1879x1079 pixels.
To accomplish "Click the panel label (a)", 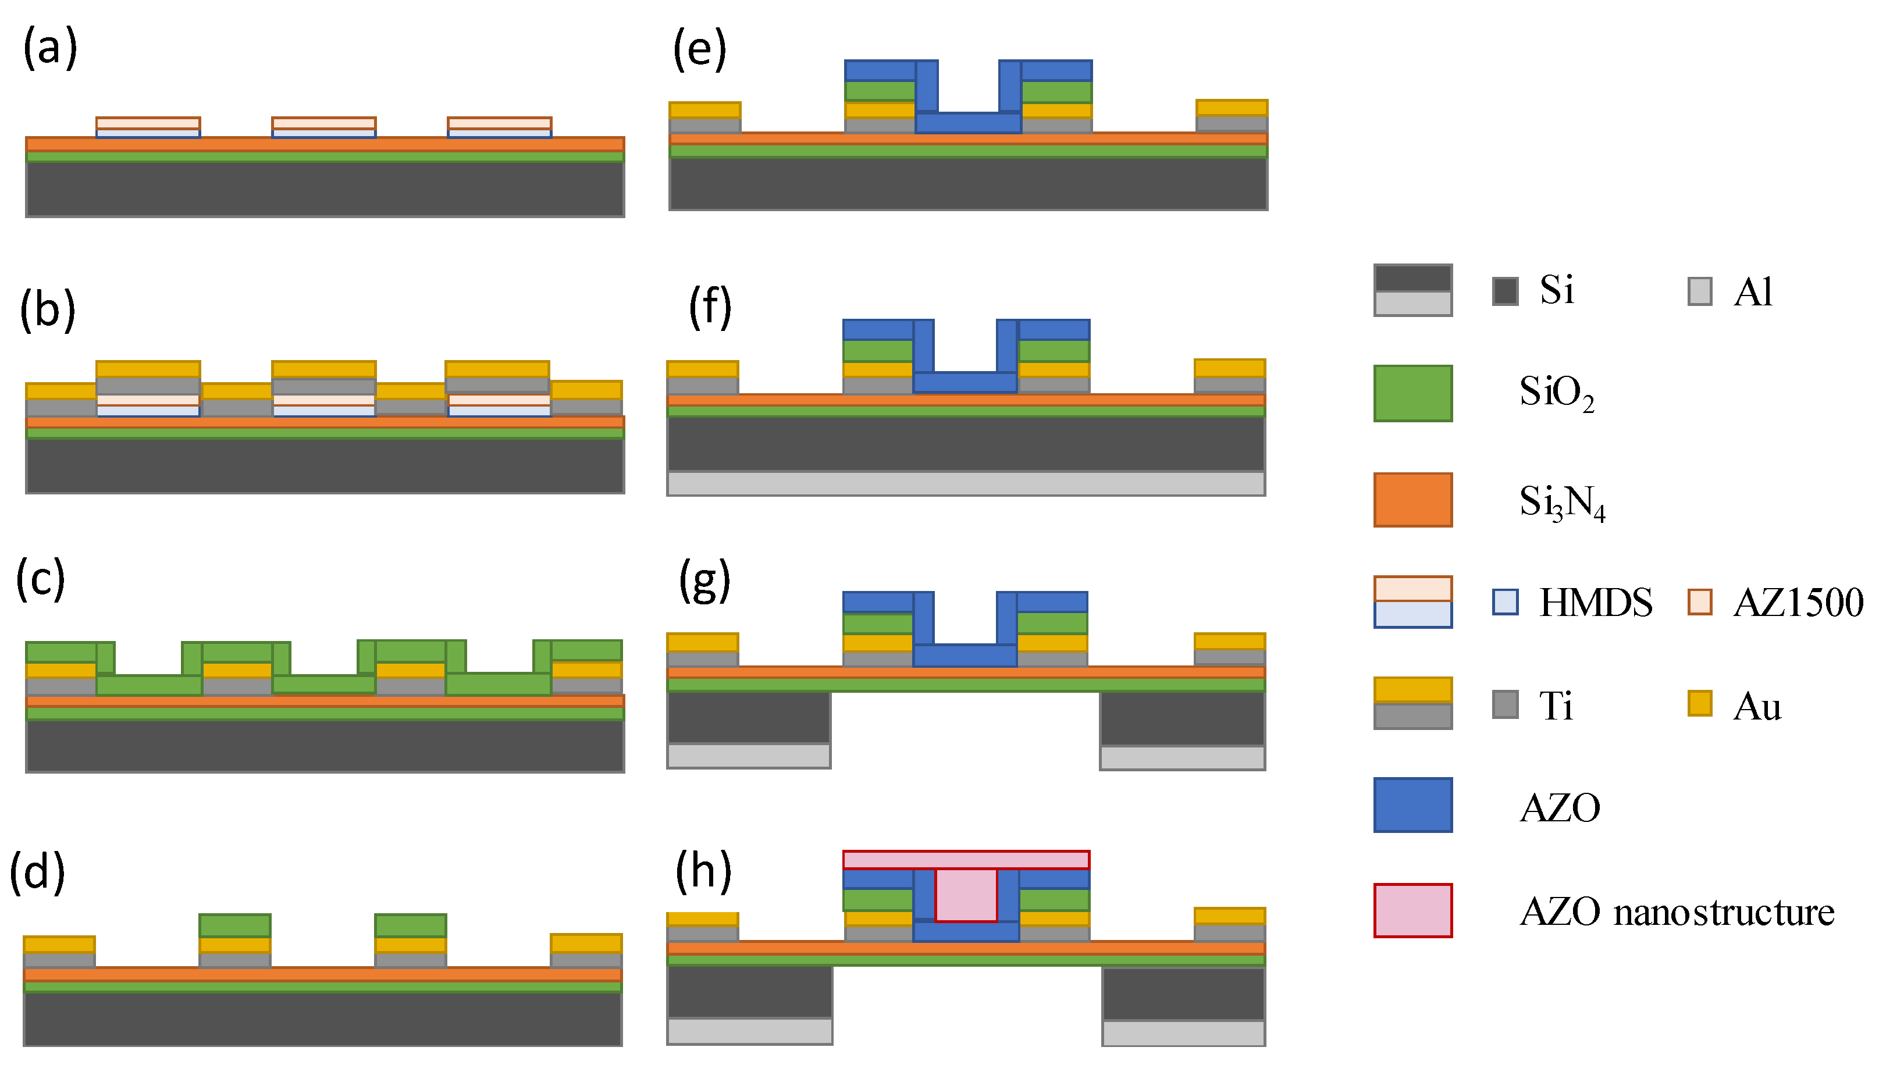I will (49, 49).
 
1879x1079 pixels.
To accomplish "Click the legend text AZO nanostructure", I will (1677, 911).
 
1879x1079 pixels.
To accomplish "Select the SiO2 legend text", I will (1556, 392).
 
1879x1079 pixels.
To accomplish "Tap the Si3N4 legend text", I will (1562, 502).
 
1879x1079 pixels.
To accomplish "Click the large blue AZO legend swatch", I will (1412, 805).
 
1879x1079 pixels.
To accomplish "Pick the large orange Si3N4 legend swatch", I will (1412, 500).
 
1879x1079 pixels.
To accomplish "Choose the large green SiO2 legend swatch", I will (1412, 393).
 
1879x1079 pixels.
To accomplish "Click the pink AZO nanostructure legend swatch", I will (1412, 910).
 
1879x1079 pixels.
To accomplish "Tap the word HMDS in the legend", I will (1595, 602).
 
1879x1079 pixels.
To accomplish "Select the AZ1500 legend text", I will (1798, 602).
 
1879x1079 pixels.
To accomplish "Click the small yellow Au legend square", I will (1700, 703).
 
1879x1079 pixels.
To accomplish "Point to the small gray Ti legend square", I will (1505, 704).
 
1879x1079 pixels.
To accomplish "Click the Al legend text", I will (1753, 291).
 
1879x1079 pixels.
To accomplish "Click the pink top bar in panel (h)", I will (966, 860).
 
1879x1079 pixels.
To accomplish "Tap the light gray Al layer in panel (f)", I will (966, 483).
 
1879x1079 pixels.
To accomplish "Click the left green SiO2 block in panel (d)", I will (235, 925).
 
